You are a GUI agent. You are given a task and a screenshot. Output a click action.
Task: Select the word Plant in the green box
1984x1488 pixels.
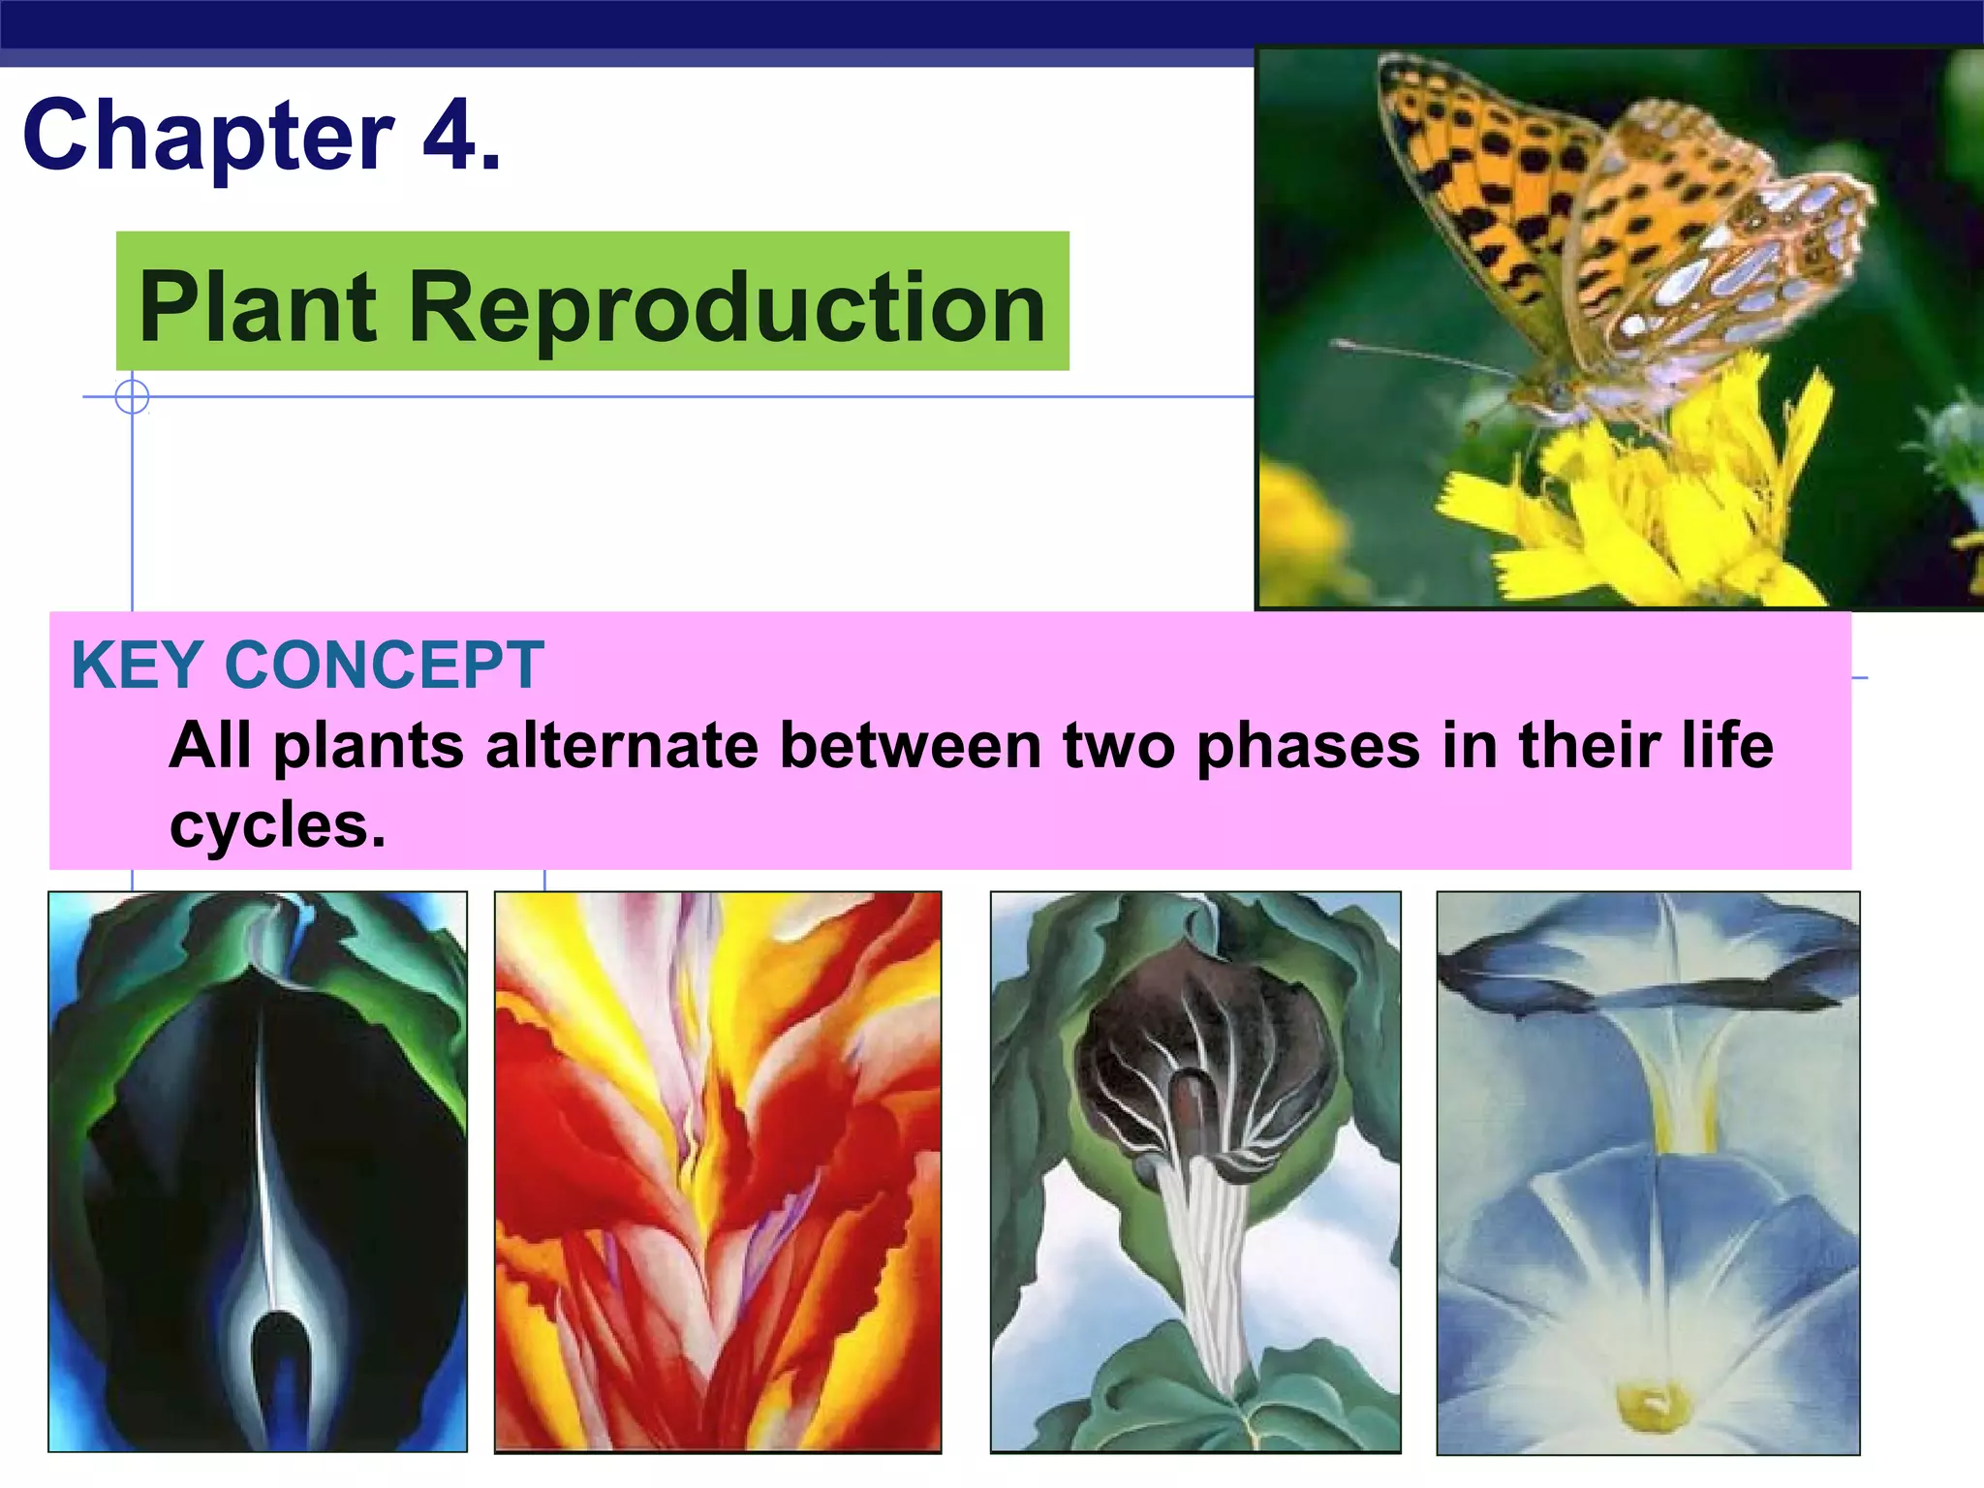(x=258, y=307)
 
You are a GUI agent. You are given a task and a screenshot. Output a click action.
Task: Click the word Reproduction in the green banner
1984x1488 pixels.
(x=727, y=307)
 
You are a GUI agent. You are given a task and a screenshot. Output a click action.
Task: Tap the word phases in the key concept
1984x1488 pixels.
(x=1308, y=746)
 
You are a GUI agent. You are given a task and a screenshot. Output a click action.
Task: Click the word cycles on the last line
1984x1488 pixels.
(x=277, y=825)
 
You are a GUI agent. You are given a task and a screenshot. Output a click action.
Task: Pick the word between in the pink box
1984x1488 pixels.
(x=911, y=746)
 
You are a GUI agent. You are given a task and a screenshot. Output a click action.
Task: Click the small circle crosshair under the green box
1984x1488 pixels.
(x=132, y=397)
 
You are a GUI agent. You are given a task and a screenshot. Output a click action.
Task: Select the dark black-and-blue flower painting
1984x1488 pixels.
(x=258, y=1172)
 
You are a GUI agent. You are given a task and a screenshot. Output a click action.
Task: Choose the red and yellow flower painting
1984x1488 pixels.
(x=718, y=1172)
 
